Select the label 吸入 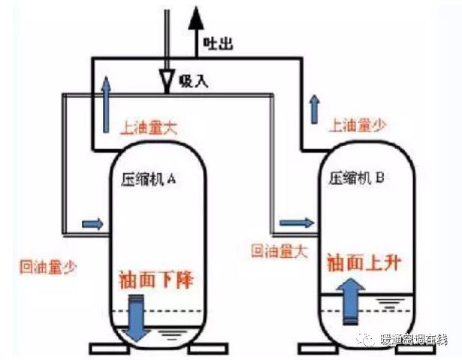(194, 80)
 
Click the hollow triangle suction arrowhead (168, 78)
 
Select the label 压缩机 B (358, 179)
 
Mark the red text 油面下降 (156, 281)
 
